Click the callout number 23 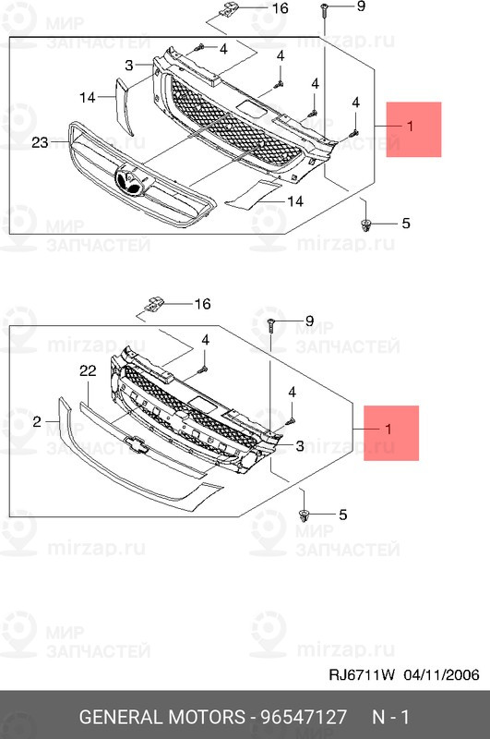(39, 142)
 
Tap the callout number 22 (88, 370)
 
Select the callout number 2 (38, 421)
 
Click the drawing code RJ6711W (363, 675)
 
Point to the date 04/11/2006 (441, 675)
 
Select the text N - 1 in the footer (389, 717)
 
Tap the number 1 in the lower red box (388, 430)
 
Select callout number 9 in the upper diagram (360, 7)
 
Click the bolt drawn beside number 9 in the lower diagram (271, 325)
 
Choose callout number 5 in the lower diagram (342, 515)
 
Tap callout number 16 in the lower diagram (202, 303)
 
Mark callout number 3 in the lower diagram (300, 447)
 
